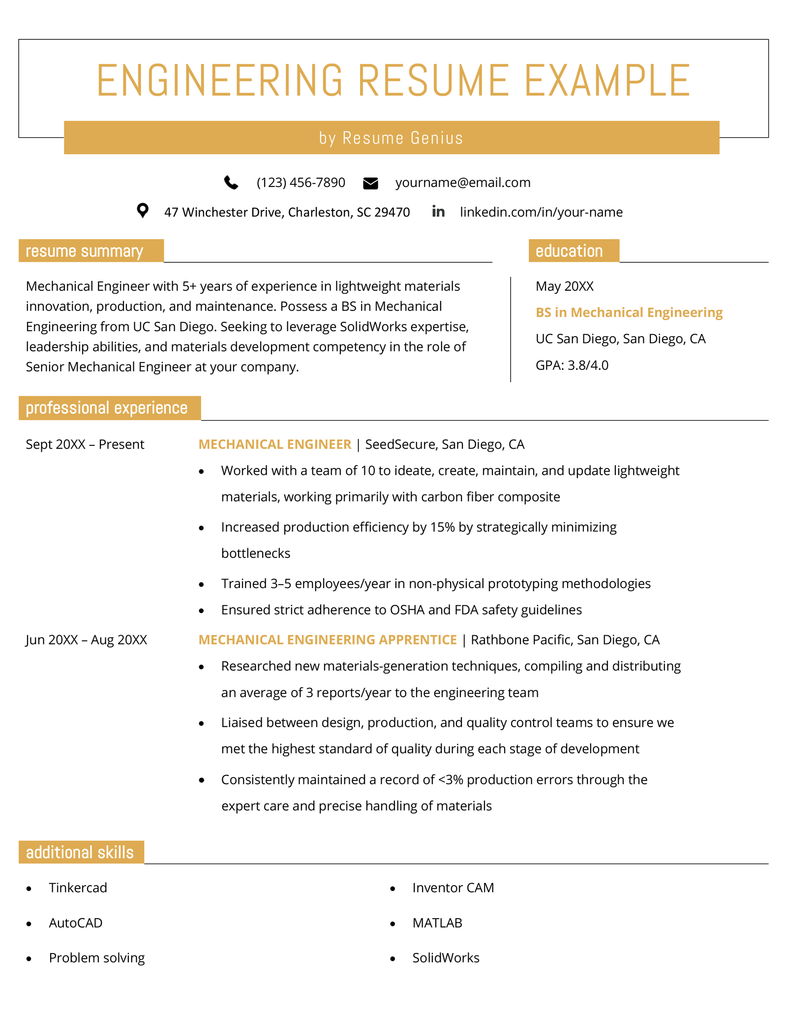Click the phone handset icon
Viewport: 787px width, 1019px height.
coord(231,183)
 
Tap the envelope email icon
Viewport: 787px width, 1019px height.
coord(370,183)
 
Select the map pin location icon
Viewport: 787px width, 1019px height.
coord(143,211)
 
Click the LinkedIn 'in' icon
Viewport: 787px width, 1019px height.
coord(438,212)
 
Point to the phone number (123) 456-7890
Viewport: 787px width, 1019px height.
coord(301,183)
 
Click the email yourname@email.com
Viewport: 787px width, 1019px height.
coord(462,183)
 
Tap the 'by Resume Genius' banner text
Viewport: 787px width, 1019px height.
coord(391,138)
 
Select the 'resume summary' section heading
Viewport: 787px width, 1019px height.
coord(85,251)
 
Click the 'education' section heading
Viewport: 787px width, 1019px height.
coord(569,251)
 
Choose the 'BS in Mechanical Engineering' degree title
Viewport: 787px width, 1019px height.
coord(629,312)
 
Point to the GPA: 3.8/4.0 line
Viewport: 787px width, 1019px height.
coord(572,365)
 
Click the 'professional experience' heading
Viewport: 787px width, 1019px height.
coord(107,408)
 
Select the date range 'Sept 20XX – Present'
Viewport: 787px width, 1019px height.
coord(85,444)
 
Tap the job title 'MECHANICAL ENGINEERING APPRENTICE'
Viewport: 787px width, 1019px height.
coord(328,640)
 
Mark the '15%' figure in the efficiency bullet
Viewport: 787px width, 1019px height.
coord(442,527)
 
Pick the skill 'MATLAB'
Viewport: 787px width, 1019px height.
coord(437,923)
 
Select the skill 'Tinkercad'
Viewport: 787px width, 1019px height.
coord(78,888)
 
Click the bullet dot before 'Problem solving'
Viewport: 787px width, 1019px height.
coord(29,958)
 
